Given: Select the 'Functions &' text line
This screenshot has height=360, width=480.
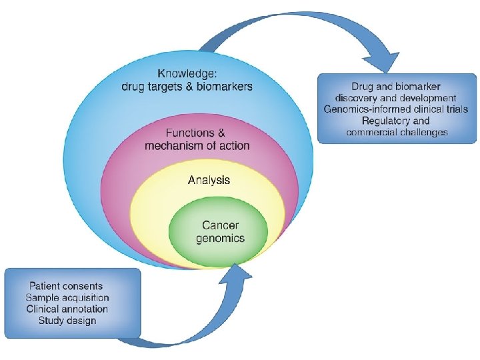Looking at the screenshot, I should pos(191,134).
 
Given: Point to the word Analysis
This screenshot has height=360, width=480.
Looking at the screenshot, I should pos(209,180).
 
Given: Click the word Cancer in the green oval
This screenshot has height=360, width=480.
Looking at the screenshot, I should pos(221,226).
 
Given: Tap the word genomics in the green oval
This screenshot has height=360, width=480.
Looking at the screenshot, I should pos(221,238).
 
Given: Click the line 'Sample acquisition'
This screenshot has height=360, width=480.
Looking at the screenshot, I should pos(67,297).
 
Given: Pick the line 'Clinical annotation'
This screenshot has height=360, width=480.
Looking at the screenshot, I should pos(67,309).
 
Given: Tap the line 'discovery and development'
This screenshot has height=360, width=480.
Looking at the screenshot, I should pos(396,98).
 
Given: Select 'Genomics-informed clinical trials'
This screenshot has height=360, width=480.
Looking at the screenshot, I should pos(396,109).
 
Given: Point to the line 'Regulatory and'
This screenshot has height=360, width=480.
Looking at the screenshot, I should pos(396,121).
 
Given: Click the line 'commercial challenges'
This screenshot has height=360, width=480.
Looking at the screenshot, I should pos(396,132).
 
